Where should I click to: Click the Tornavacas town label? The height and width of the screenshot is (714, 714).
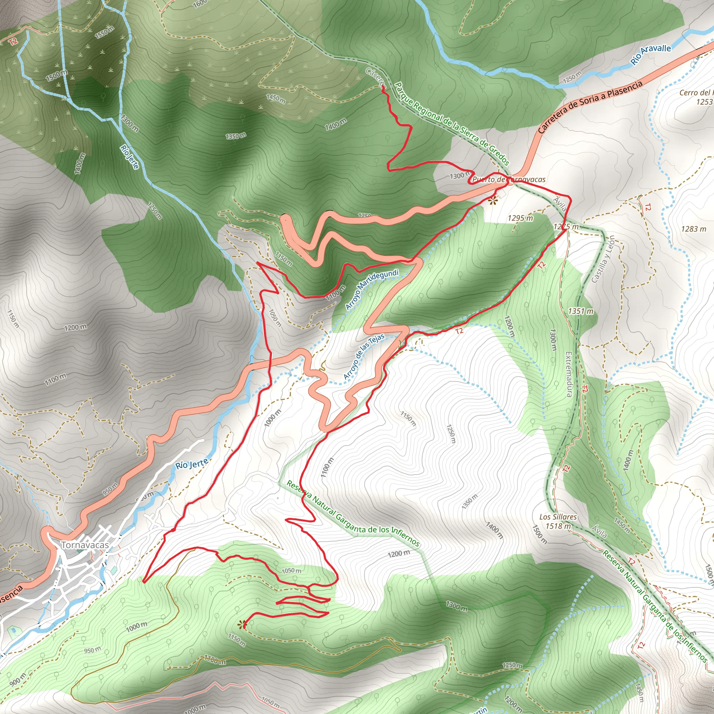pos(85,545)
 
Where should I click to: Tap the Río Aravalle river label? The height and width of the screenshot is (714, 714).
pos(651,54)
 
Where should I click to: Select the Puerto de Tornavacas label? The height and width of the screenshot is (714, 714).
pos(509,180)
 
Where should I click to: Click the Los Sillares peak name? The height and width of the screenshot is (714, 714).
pos(558,517)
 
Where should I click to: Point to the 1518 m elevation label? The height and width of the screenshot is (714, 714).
pos(558,525)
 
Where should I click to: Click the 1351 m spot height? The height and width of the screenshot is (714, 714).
pos(580,311)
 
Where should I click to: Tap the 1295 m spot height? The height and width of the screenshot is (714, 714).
pos(521,218)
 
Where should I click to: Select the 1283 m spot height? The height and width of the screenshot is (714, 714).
pos(694,229)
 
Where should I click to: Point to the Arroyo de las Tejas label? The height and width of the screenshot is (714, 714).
pos(364,356)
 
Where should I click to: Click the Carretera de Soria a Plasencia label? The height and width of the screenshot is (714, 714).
pos(590,107)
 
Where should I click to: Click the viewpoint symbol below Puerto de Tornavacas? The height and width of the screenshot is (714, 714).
pos(493,202)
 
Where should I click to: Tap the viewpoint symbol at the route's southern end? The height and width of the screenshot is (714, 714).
pos(242,624)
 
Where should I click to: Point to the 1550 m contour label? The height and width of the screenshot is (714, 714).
pos(105,32)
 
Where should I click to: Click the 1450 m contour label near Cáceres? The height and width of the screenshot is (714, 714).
pos(276,98)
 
